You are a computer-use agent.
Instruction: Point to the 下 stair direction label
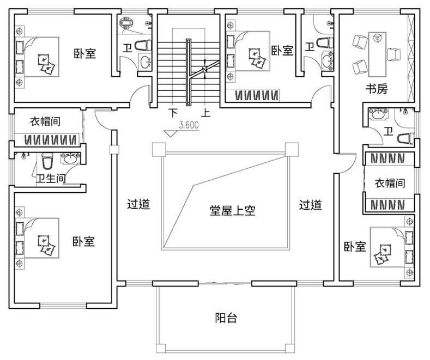(173, 114)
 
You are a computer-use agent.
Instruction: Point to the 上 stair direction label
(206, 114)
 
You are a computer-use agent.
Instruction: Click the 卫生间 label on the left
(51, 178)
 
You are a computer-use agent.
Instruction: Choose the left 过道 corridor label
(138, 205)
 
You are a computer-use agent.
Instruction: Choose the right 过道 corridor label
(310, 205)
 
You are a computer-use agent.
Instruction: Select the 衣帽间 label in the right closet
(389, 183)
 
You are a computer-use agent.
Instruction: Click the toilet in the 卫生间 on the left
(46, 162)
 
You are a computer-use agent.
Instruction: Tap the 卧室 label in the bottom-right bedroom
(354, 247)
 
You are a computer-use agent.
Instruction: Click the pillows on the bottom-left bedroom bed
(46, 245)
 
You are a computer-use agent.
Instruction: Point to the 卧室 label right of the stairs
(282, 51)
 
